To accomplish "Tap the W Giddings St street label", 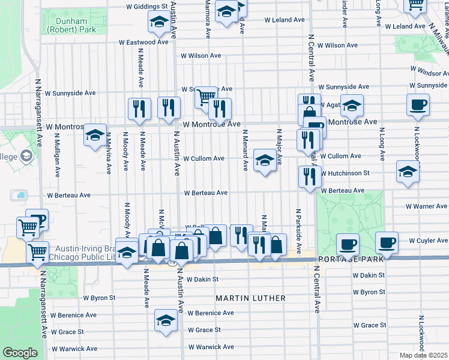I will point(146,7).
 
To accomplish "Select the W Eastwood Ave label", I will point(143,43).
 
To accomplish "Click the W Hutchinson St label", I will point(344,173).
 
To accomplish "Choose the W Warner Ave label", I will point(427,206).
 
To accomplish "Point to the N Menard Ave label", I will point(245,149).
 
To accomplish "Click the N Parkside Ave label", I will point(297,231).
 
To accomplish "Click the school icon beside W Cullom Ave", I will point(264,160).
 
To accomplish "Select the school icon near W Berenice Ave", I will point(166,320).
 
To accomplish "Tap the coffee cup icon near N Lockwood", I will point(417,104).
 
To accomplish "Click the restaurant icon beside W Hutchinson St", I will point(309,176).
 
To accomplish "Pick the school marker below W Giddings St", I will point(158,22).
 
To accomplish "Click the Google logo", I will point(20,353).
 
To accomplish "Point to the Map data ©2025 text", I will point(424,355).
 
